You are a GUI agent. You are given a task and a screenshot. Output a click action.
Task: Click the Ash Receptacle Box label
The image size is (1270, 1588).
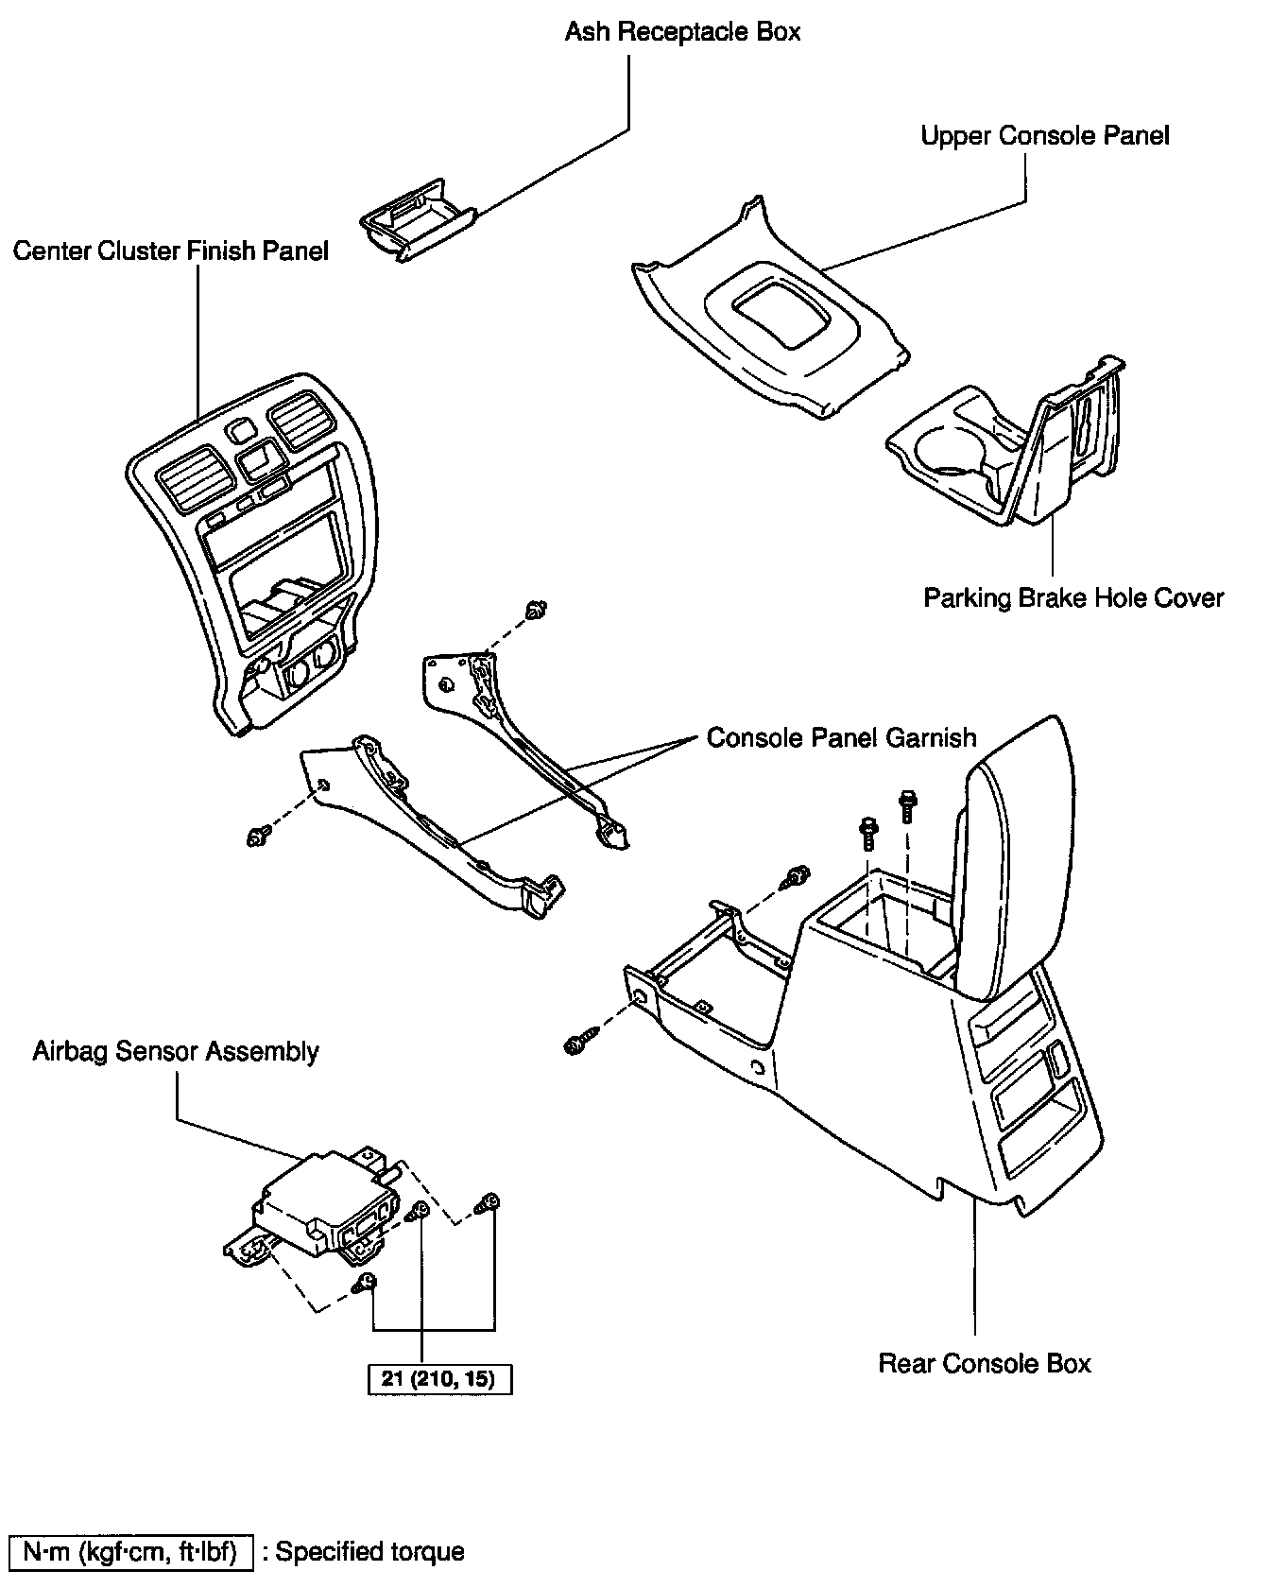(682, 32)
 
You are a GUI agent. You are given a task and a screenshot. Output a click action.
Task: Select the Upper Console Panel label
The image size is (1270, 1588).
(1045, 136)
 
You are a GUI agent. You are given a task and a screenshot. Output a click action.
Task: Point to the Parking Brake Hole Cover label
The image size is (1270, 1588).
(1073, 598)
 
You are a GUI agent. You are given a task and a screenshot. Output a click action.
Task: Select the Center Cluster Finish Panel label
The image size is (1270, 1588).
(171, 250)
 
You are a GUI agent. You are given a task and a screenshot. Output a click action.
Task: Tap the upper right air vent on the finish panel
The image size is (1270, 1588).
(299, 422)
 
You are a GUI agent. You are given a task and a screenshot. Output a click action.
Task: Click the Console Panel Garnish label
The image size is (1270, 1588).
(842, 737)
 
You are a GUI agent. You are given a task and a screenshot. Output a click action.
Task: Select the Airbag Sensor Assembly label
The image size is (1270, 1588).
(176, 1052)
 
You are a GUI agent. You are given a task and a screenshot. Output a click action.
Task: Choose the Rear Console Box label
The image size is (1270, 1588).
(985, 1364)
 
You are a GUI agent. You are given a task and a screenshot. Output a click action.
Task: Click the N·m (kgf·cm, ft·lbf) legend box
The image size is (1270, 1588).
(130, 1552)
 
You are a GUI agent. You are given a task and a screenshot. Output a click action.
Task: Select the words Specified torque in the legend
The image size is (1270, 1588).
(369, 1552)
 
